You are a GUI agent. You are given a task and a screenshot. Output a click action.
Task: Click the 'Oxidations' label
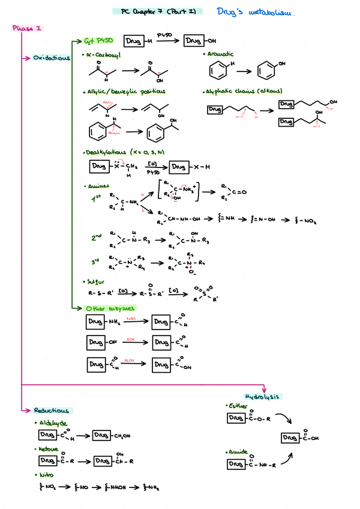coord(51,58)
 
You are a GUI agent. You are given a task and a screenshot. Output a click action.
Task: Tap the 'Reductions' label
coord(51,411)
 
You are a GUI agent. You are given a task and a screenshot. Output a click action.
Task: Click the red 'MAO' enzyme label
coord(131,318)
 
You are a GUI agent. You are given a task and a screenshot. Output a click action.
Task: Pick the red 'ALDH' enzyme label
coord(129,360)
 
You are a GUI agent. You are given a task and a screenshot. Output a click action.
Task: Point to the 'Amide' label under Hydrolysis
coord(237,452)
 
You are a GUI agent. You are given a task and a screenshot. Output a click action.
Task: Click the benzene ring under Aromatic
coord(218,71)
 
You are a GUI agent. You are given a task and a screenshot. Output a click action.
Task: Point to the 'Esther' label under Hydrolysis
coord(238,406)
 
